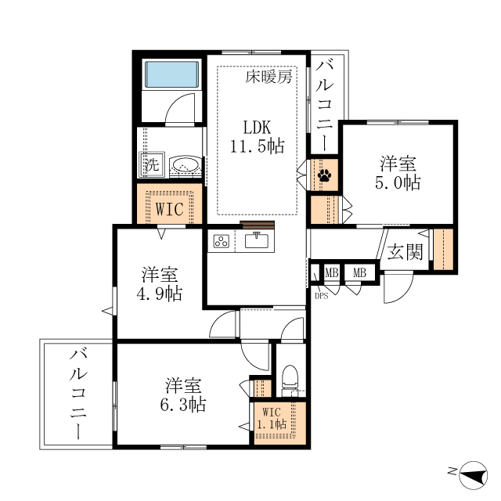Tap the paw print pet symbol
tap(323, 175)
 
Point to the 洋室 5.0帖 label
tap(398, 173)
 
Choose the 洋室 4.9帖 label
tap(160, 285)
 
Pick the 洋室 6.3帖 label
tap(185, 395)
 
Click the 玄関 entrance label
tap(405, 251)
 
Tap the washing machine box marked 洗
tap(151, 166)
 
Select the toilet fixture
tap(289, 380)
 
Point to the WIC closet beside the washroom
tap(170, 207)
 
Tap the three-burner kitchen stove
tap(221, 241)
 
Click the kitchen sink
tap(256, 240)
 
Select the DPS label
tap(322, 296)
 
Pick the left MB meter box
tap(331, 272)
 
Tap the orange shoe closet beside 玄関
tap(443, 249)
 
